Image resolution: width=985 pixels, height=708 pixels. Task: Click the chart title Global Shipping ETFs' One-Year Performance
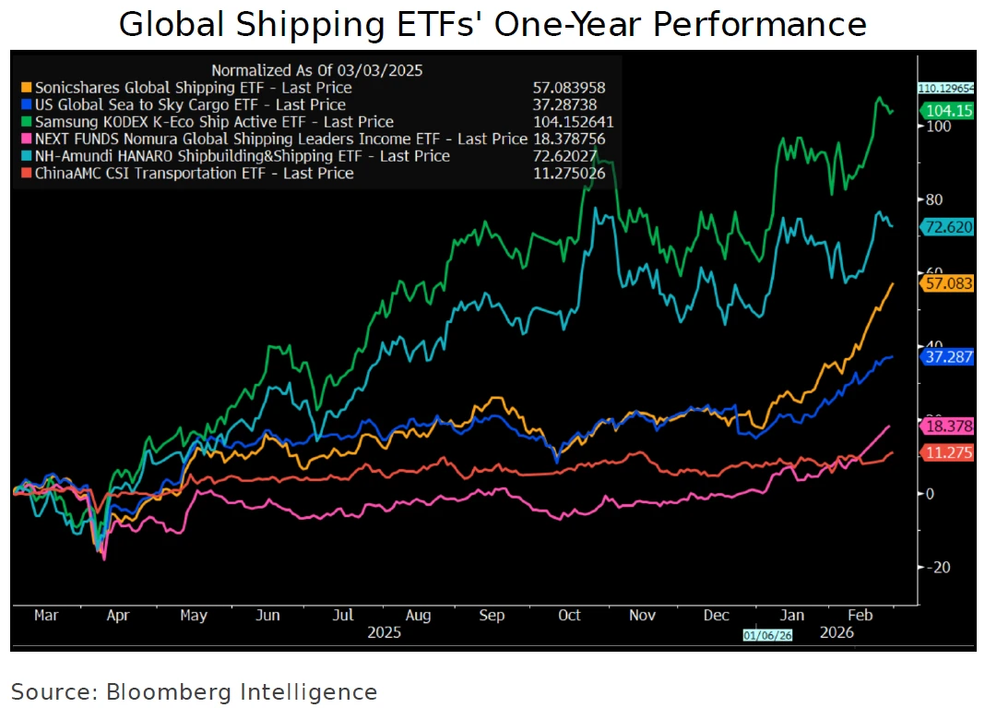pos(492,25)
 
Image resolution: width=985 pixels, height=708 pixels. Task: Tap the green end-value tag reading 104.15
pos(949,111)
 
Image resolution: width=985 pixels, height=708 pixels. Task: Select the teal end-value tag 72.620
pos(949,226)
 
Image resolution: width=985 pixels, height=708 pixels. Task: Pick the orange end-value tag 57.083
pos(949,283)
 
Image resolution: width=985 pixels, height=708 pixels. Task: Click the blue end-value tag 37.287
pos(949,356)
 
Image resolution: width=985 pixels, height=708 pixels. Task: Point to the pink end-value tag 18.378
pos(949,426)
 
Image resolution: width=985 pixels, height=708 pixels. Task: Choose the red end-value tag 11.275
pos(949,452)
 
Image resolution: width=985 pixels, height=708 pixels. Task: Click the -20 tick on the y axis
pos(938,567)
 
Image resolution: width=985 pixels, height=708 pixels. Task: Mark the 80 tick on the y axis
pos(934,199)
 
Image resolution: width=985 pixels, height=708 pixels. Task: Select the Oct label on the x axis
pos(569,615)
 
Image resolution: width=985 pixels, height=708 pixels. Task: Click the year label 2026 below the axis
pos(836,633)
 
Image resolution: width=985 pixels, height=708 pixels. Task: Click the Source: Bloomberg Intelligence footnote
pos(194,691)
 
